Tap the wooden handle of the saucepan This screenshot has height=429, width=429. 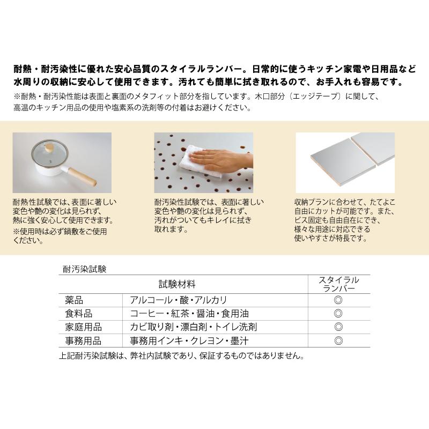coord(84,177)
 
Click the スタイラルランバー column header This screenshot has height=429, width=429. coord(339,284)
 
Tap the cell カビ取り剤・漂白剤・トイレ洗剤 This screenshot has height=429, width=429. coord(193,327)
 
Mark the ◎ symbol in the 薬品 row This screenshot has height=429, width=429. coord(338,300)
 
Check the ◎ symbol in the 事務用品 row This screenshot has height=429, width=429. coord(338,341)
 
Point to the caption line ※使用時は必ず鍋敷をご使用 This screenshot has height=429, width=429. coord(60,232)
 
